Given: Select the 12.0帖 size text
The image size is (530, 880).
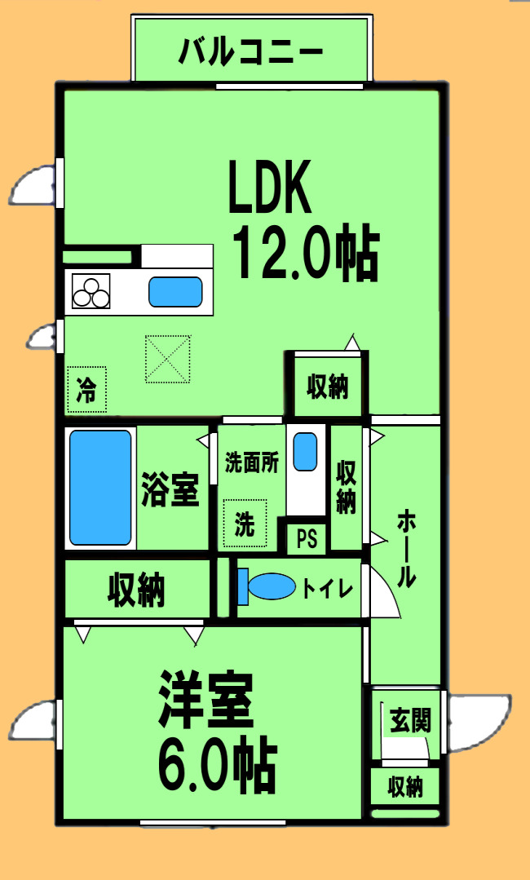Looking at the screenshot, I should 306,253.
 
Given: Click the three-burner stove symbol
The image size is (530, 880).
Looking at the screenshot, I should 91,292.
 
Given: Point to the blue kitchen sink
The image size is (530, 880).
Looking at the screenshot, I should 175,291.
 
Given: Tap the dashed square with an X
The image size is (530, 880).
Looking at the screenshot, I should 168,359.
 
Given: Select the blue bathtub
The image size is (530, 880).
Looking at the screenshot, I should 100,487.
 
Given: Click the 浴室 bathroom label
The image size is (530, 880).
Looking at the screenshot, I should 170,489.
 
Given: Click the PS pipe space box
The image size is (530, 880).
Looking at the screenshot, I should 307,540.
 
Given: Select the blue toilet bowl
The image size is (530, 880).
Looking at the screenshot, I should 271,586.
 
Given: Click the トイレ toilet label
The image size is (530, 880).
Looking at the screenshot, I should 327,587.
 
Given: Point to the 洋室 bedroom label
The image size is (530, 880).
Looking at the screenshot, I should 206,698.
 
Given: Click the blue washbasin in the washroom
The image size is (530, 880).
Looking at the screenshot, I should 305,451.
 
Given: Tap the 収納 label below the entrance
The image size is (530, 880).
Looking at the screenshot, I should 405,787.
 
